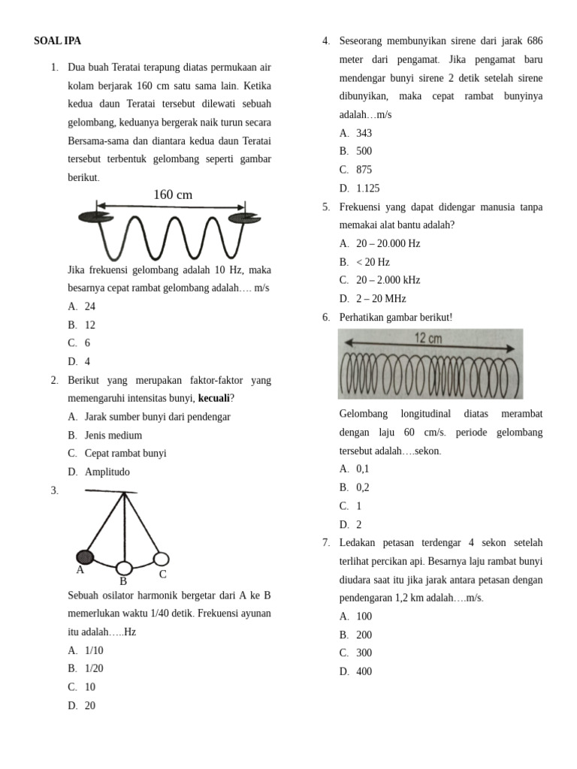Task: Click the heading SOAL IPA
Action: [57, 41]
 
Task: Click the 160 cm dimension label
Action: [173, 195]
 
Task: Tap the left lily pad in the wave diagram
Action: [95, 218]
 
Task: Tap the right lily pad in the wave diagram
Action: [243, 218]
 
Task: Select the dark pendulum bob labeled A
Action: [85, 556]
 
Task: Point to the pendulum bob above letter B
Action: [124, 568]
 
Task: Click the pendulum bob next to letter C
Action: [161, 559]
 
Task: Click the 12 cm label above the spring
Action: [429, 339]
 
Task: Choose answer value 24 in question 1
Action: [90, 306]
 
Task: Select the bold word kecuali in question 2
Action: [213, 398]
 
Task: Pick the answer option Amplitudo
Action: [107, 472]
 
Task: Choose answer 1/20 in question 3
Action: [95, 668]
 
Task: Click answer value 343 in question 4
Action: [364, 133]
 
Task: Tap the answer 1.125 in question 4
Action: [368, 188]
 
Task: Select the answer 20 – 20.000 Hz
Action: [388, 243]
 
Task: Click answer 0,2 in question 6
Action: [363, 487]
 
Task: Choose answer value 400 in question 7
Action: [364, 671]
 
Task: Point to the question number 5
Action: [326, 207]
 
